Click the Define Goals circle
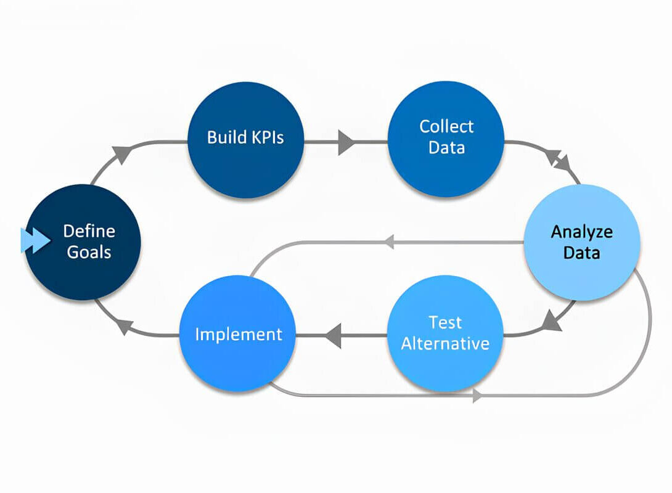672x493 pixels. [83, 242]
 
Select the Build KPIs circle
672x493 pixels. [246, 140]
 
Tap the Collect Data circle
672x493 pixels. [446, 139]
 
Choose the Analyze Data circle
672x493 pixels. [582, 242]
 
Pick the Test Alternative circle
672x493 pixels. [445, 333]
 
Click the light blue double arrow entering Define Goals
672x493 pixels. [36, 240]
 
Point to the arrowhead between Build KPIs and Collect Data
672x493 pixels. [346, 142]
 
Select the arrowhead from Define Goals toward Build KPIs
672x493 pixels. [122, 154]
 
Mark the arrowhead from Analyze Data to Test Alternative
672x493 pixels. [552, 321]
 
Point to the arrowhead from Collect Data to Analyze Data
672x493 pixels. [560, 160]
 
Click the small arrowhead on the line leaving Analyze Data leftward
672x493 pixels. [389, 242]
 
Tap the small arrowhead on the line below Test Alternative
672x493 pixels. [477, 396]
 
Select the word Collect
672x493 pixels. [446, 126]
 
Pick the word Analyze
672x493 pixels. [581, 232]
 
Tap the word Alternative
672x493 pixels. [445, 343]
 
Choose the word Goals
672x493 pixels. [89, 252]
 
